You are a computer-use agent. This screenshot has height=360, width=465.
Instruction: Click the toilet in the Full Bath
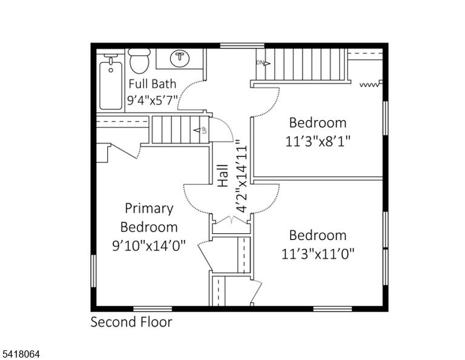point(139,61)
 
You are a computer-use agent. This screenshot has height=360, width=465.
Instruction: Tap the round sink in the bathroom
point(180,58)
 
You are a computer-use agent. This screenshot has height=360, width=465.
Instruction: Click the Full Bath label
point(153,84)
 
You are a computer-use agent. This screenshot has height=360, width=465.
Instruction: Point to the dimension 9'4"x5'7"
point(153,101)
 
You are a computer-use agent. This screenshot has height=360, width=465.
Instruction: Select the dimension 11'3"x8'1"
point(318,141)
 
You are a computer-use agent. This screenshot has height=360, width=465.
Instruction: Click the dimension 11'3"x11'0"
point(318,254)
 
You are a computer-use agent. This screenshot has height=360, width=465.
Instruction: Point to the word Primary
point(149,208)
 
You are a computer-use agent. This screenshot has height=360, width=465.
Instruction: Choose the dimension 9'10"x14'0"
point(149,245)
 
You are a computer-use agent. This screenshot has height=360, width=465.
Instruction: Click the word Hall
point(223,176)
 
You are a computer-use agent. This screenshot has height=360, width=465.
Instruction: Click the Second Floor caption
point(131,322)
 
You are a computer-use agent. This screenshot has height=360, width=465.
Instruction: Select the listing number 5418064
point(21,354)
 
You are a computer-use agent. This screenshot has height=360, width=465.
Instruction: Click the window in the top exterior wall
point(242,45)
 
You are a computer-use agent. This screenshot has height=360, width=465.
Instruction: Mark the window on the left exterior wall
point(93,271)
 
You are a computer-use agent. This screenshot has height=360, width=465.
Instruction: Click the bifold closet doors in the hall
point(232,219)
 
